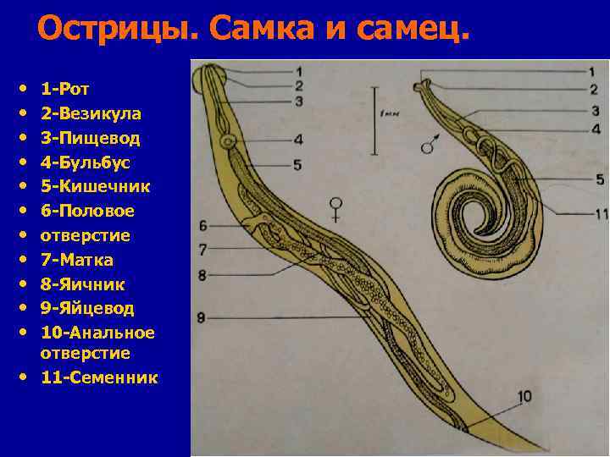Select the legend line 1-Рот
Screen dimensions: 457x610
coord(66,88)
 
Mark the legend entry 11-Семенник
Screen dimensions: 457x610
coord(99,377)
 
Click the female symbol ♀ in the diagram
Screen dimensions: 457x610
coord(338,208)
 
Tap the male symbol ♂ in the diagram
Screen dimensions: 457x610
coord(429,144)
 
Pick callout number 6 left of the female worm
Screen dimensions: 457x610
coord(203,225)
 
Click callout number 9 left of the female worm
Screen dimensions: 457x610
coord(202,317)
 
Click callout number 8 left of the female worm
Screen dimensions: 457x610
coord(202,274)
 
